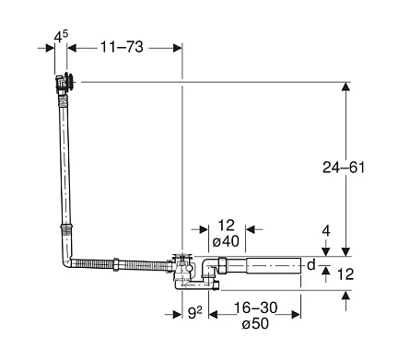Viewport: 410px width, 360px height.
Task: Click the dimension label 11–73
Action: [x=122, y=47]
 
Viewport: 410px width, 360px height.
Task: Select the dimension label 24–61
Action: [x=344, y=168]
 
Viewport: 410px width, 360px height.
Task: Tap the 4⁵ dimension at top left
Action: [x=61, y=37]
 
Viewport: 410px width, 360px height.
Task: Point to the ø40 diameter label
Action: [x=226, y=241]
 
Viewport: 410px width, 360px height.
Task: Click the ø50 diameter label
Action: [x=255, y=323]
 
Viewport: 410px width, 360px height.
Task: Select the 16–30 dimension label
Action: [x=256, y=308]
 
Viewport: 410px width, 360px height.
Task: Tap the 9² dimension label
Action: [x=195, y=313]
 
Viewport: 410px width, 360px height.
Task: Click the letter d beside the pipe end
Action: [x=311, y=264]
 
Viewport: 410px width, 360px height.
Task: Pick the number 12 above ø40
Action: [x=226, y=226]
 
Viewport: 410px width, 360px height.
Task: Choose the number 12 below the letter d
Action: [x=346, y=274]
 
